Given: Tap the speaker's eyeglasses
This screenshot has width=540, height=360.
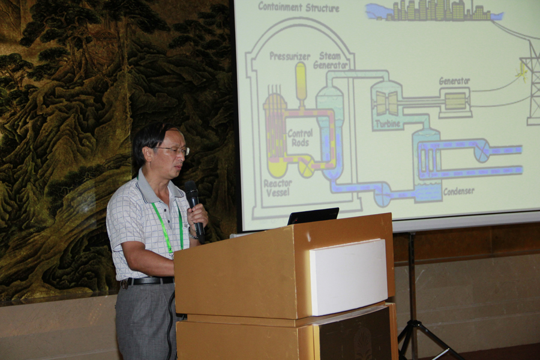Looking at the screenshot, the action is (x=172, y=150).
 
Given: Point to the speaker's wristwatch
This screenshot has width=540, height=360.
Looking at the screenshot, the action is (x=193, y=233).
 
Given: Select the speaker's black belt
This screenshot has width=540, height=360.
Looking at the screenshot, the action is (x=148, y=281).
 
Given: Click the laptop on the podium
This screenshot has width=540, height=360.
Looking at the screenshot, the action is (x=313, y=215).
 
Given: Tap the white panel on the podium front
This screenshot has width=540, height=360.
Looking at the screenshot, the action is (x=348, y=277).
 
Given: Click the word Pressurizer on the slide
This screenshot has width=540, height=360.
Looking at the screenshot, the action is (x=290, y=56).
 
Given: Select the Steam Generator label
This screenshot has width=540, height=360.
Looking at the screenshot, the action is (x=330, y=61).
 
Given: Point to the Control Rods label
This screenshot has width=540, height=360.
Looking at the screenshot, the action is (x=300, y=138).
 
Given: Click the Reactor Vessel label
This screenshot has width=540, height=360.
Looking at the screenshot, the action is (x=278, y=188).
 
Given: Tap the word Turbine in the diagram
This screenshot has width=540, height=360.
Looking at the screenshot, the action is (x=388, y=124).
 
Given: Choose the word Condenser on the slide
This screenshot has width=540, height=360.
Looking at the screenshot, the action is (x=459, y=191).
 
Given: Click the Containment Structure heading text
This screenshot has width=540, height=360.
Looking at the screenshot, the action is (x=299, y=7).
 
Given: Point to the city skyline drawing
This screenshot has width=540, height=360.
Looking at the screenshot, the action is (x=434, y=10).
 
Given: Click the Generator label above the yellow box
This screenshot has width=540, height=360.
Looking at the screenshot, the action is (x=454, y=82).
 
